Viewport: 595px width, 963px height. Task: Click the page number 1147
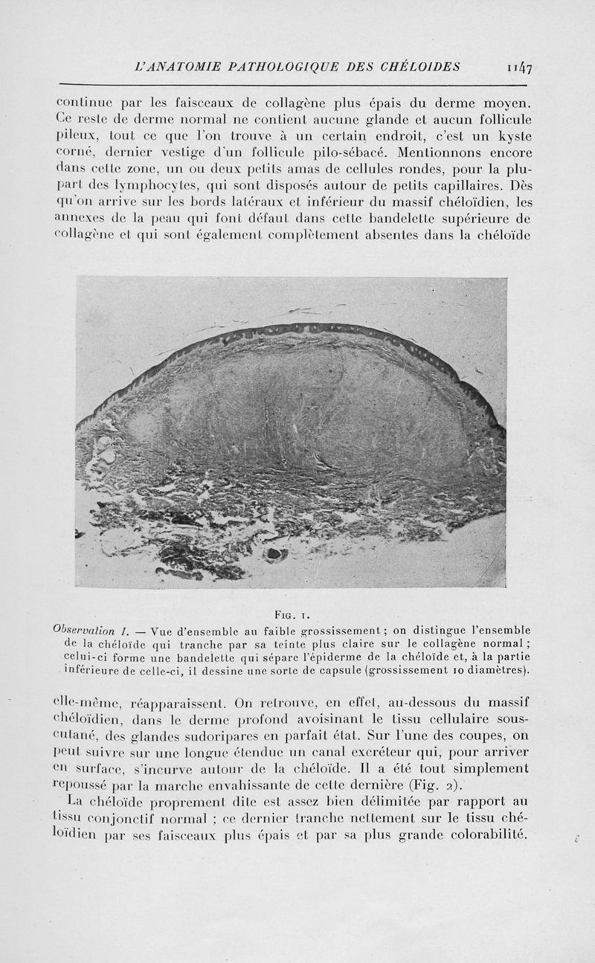pos(524,68)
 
